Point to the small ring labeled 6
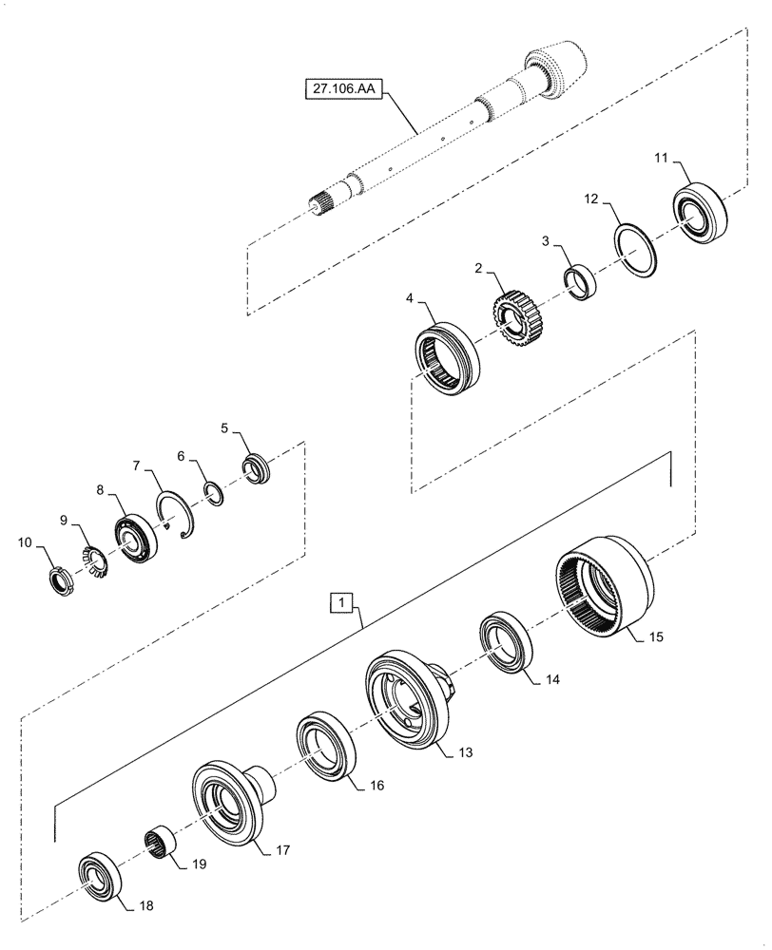point(216,495)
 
